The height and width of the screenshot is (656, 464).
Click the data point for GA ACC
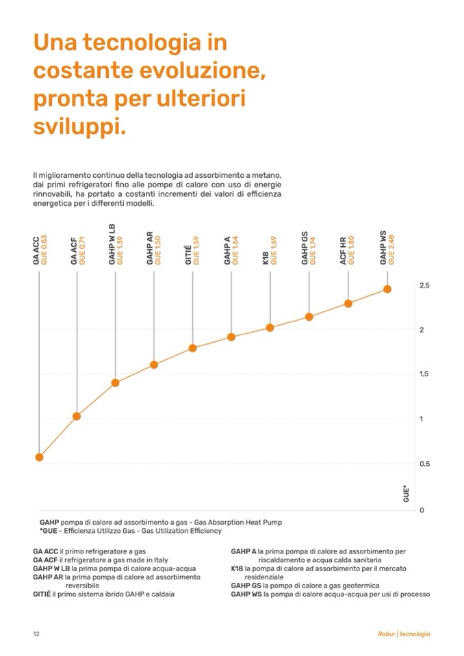[39, 457]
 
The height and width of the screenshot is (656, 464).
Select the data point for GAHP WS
[387, 289]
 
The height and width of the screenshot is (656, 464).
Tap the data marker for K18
[270, 328]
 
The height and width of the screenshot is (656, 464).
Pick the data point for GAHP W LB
[115, 383]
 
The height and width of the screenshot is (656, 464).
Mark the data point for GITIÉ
[193, 348]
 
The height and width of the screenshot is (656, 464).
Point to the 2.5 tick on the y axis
[424, 285]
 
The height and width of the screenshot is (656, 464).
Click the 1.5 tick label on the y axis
[424, 374]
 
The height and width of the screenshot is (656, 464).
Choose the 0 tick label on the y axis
[422, 510]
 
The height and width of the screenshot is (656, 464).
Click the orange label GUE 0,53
[44, 250]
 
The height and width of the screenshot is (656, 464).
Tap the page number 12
[36, 634]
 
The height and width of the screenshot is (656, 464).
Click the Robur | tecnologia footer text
[404, 634]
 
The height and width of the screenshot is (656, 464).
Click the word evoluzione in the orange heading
[193, 70]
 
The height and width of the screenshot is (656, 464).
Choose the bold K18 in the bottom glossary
[237, 568]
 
